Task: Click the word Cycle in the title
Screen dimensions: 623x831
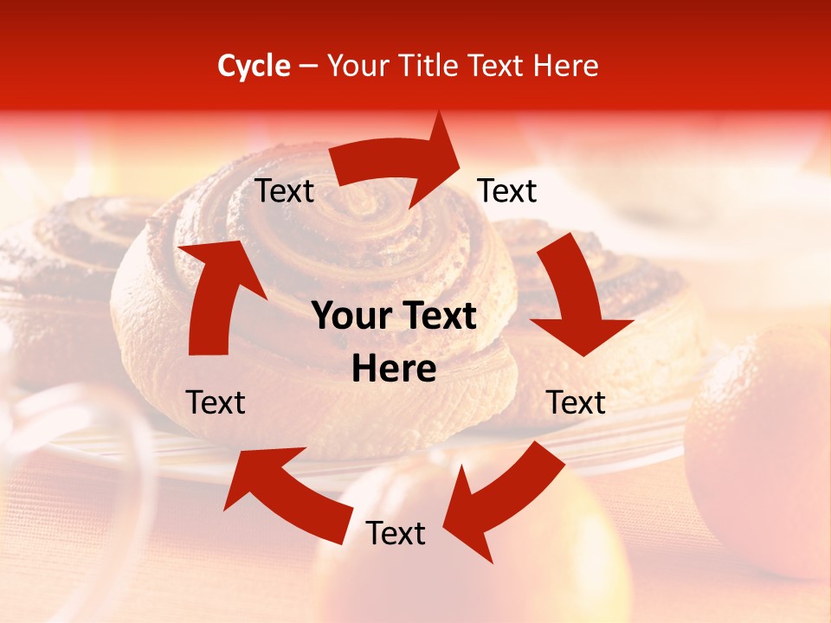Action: [254, 66]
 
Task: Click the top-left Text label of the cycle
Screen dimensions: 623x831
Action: [285, 191]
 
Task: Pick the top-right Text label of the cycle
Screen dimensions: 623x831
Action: [507, 190]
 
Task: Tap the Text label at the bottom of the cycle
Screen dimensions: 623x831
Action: [396, 534]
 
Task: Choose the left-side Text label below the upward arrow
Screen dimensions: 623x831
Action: [216, 402]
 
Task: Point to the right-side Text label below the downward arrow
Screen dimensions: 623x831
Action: [577, 402]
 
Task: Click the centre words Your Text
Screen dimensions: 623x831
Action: [394, 317]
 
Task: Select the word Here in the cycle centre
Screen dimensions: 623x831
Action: [394, 369]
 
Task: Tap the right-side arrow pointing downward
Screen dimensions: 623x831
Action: [576, 299]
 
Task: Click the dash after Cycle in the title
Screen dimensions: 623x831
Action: [308, 67]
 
